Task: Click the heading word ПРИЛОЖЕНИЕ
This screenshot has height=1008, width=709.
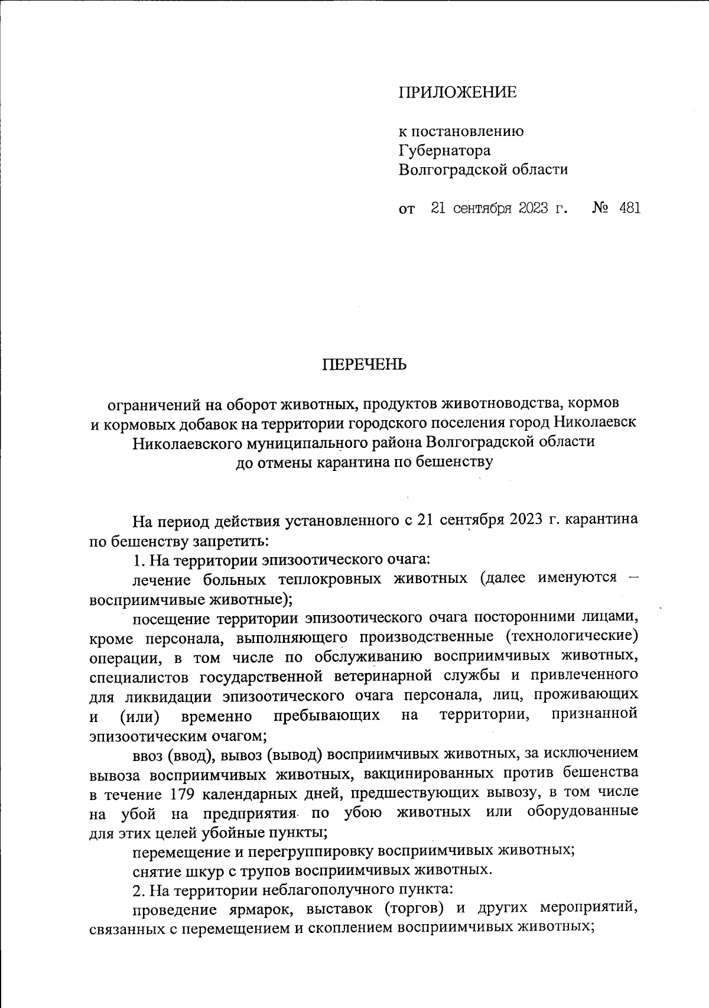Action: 457,92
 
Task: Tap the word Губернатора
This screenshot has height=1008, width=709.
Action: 444,151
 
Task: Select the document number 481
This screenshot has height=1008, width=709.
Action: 629,208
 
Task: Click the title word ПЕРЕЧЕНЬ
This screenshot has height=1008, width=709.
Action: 365,365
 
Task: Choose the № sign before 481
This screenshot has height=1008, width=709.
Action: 600,208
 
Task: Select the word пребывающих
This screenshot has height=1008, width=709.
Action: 327,715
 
